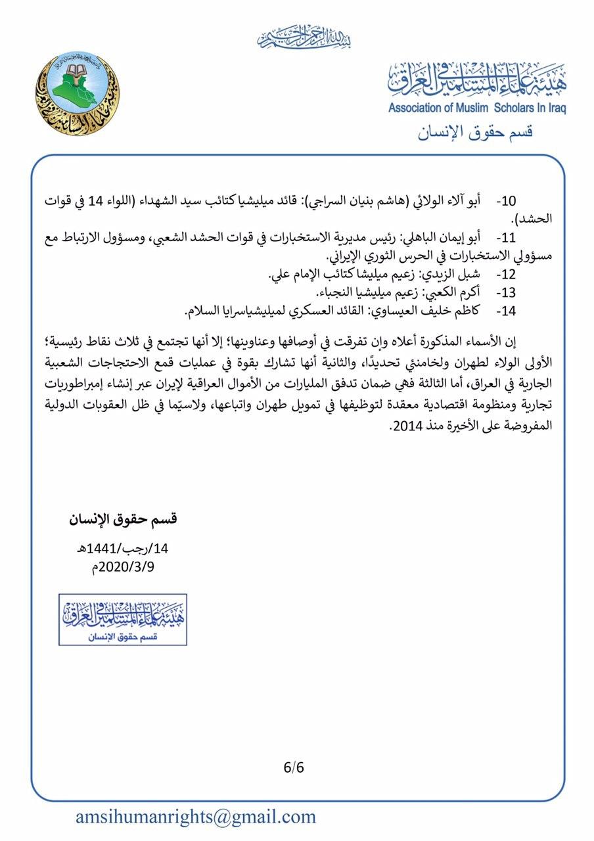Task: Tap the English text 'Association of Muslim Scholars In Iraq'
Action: [476, 108]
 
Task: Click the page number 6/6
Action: [294, 767]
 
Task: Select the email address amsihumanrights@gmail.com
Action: [196, 817]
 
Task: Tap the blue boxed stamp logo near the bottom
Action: [123, 619]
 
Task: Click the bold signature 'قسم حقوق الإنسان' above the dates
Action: [124, 519]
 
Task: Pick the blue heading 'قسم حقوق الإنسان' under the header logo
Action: [475, 131]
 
